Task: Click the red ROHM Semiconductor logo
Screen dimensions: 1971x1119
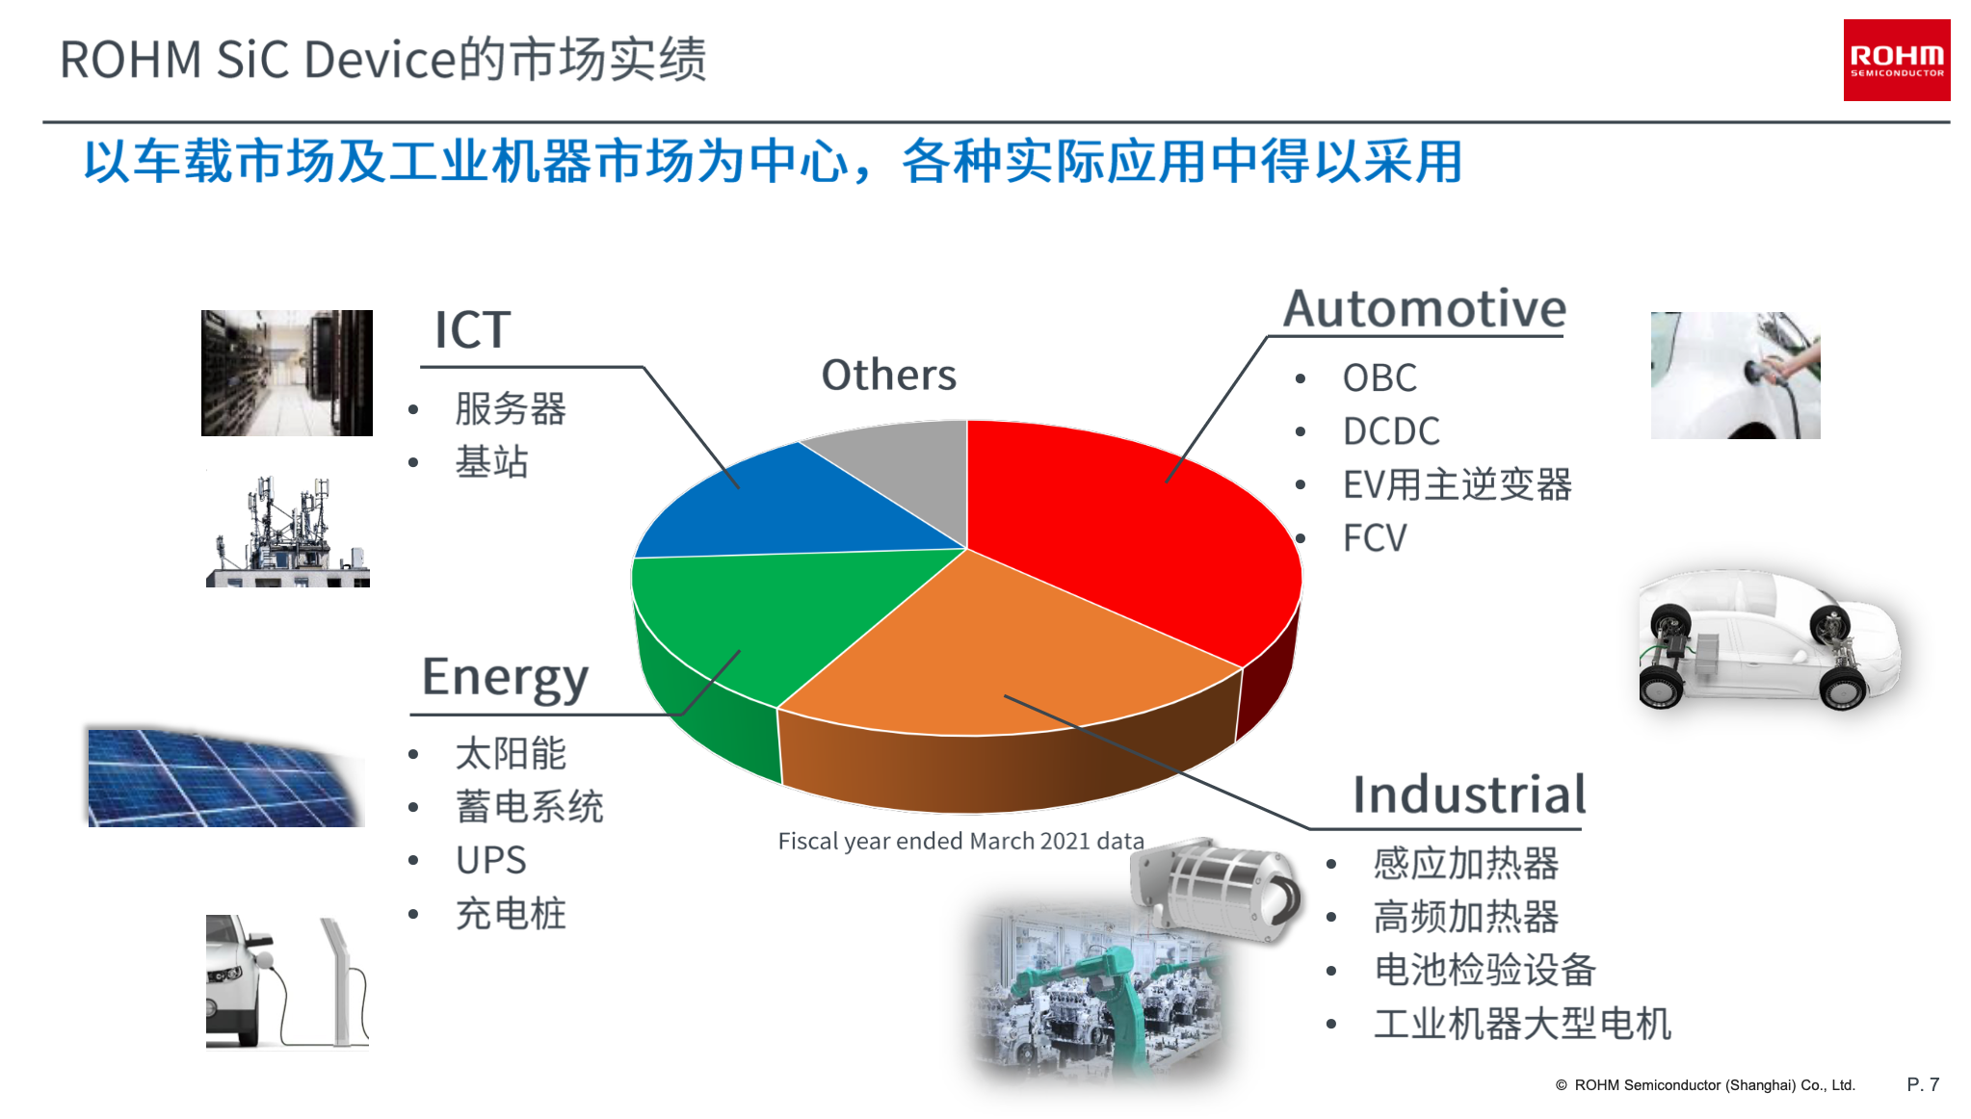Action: point(1896,60)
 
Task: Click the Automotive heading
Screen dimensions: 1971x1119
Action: point(1425,309)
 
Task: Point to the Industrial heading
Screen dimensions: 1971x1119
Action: point(1469,794)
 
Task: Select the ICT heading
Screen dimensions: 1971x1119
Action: point(472,330)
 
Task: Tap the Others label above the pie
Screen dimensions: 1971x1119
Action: point(888,375)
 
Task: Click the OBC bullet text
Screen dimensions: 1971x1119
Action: point(1380,378)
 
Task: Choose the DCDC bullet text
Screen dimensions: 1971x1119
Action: point(1391,431)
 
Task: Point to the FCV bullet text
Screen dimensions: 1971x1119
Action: point(1375,538)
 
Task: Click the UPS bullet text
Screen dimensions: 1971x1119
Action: point(490,860)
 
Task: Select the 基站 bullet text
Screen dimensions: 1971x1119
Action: point(491,462)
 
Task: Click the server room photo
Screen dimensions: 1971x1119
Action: point(287,373)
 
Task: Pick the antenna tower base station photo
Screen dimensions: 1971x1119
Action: point(288,531)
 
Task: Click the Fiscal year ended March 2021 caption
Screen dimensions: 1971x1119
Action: point(960,842)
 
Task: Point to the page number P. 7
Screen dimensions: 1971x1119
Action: point(1923,1084)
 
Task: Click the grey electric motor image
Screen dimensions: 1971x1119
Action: point(1216,889)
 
